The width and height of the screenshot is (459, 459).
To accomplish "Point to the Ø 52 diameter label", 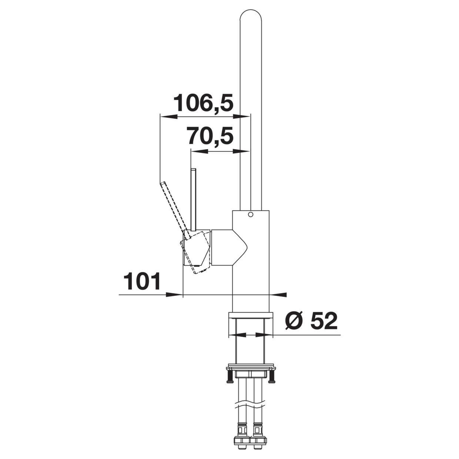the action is pyautogui.click(x=311, y=321).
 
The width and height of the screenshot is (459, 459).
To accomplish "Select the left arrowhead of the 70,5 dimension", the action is pyautogui.click(x=200, y=151).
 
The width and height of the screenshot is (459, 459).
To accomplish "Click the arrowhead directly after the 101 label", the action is pyautogui.click(x=174, y=295).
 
